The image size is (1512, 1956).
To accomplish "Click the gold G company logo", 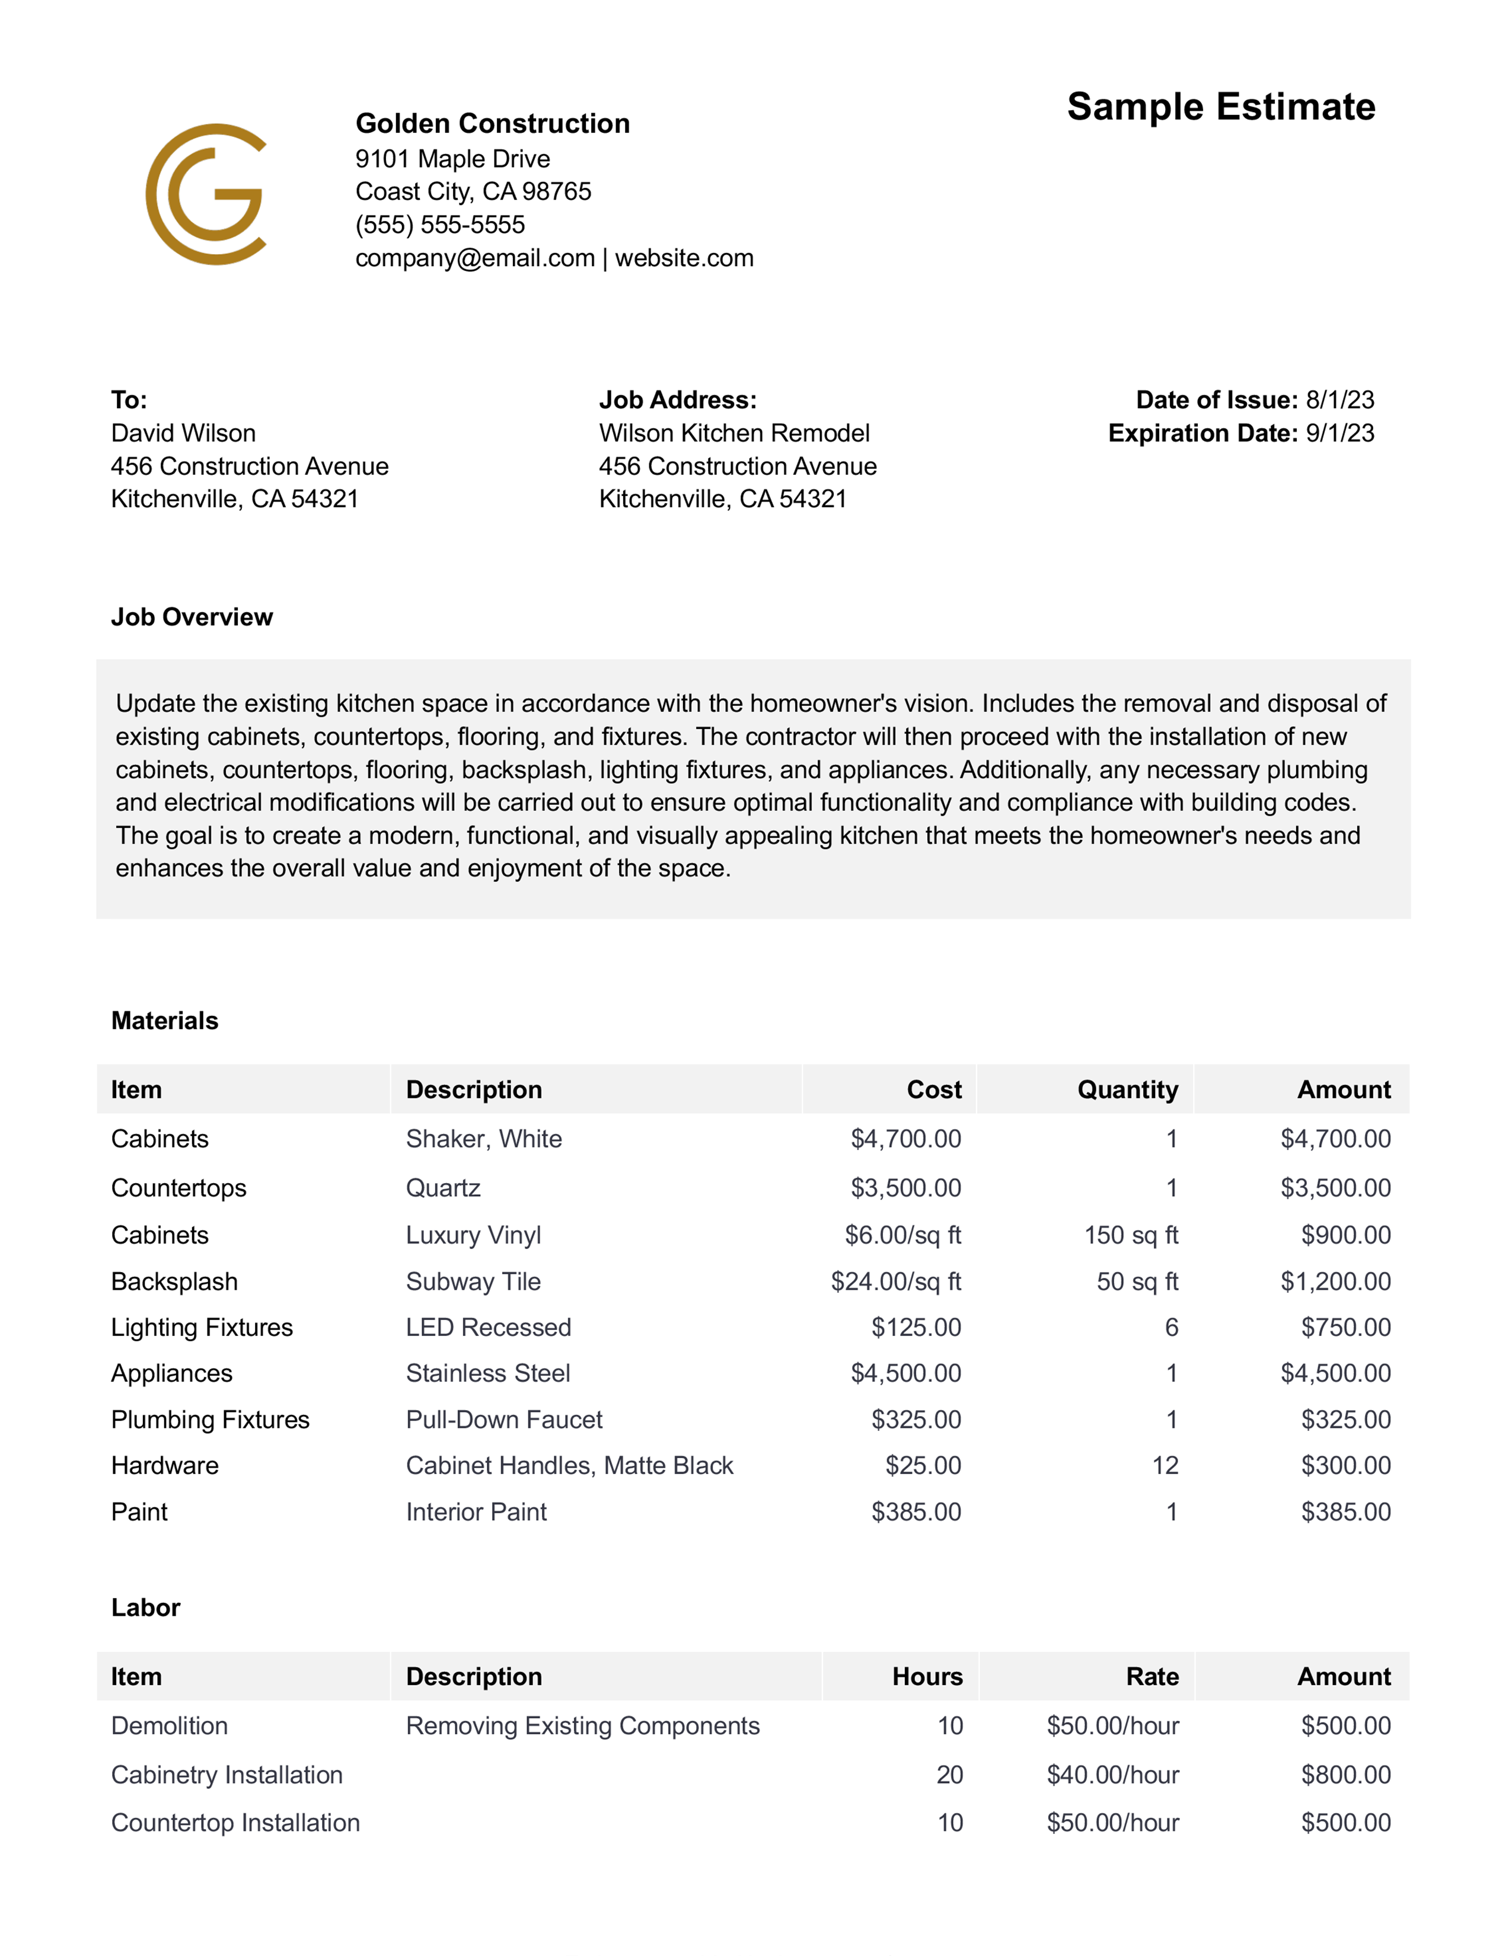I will coord(206,194).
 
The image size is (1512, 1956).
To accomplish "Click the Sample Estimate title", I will coord(1220,107).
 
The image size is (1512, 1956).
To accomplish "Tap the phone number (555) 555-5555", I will coord(440,225).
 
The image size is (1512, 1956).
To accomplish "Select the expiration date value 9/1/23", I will coord(1339,433).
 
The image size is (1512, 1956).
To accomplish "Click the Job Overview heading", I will coord(192,617).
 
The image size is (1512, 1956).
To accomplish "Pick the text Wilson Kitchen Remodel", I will coord(733,433).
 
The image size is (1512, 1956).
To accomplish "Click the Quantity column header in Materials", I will coord(1127,1090).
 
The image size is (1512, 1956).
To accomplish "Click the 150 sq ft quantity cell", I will coord(1130,1236).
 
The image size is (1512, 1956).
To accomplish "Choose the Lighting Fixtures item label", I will coord(202,1327).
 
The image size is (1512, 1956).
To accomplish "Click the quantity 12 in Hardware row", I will coord(1165,1465).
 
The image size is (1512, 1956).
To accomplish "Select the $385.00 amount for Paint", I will coord(1345,1512).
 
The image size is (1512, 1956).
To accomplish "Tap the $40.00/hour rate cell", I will coord(1112,1775).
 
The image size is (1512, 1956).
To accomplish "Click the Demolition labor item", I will coord(170,1726).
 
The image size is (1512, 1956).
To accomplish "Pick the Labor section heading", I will coord(145,1607).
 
